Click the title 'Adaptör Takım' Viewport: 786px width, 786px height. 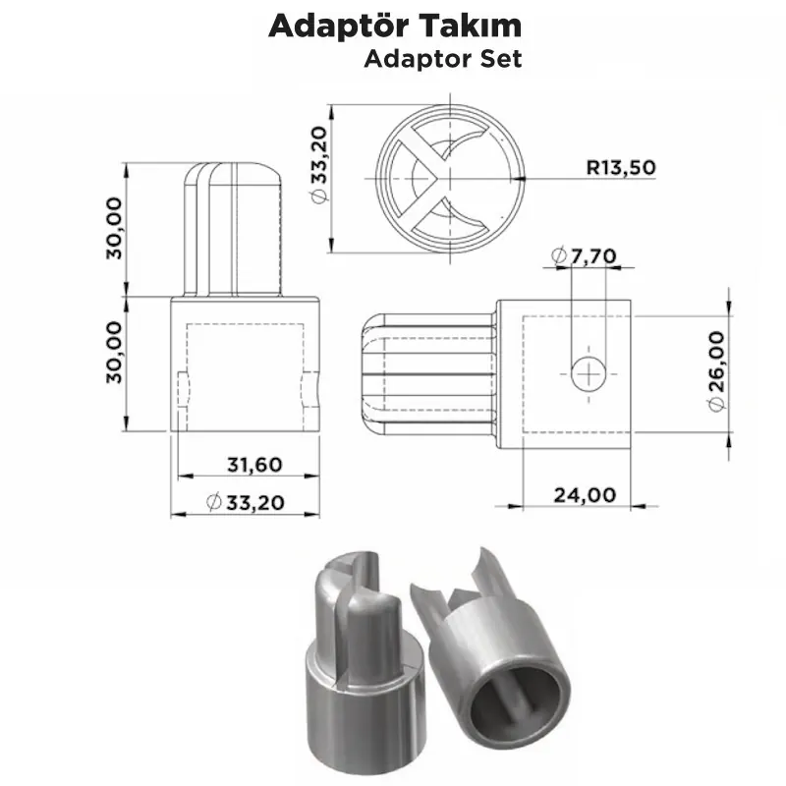pyautogui.click(x=395, y=26)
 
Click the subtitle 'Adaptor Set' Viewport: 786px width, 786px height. pyautogui.click(x=442, y=58)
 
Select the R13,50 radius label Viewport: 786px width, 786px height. pyautogui.click(x=621, y=166)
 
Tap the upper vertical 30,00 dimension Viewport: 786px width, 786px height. pyautogui.click(x=115, y=228)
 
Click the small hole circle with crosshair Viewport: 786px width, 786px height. pyautogui.click(x=589, y=373)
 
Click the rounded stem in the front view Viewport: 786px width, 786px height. pyautogui.click(x=237, y=227)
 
